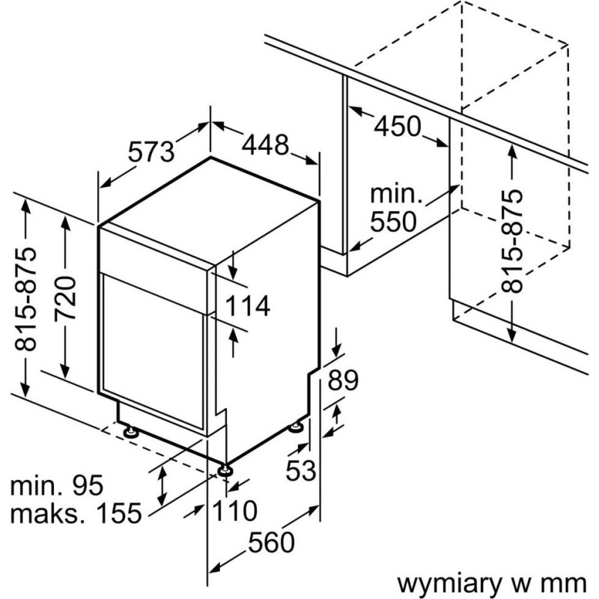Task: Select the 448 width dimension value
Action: [x=264, y=145]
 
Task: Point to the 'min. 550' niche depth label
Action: [x=397, y=209]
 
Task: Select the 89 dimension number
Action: [x=344, y=380]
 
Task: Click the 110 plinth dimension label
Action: [x=234, y=511]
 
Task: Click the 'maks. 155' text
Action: [x=76, y=514]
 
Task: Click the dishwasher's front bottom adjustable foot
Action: [x=224, y=469]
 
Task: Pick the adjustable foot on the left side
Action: [x=130, y=432]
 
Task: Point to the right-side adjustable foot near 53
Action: [x=298, y=428]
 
